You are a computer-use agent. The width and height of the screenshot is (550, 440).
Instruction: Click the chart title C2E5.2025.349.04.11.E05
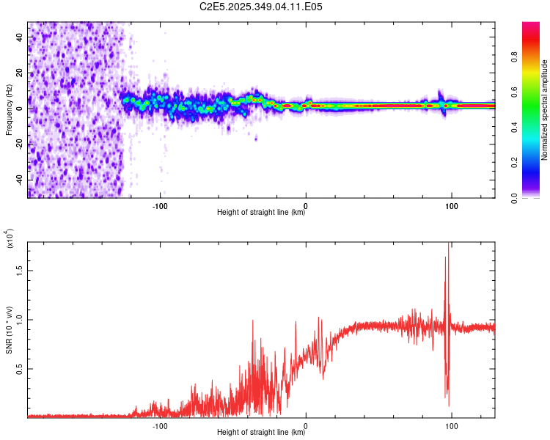pyautogui.click(x=261, y=7)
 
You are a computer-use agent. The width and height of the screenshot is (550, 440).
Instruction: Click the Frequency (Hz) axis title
pyautogui.click(x=9, y=109)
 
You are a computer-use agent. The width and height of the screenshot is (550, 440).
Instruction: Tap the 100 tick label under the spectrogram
pyautogui.click(x=452, y=205)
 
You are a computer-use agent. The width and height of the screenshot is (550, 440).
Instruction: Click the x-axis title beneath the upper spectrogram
pyautogui.click(x=261, y=213)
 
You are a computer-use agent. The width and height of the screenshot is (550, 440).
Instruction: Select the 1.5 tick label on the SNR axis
pyautogui.click(x=19, y=270)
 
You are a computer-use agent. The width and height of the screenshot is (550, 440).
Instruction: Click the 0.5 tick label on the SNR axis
pyautogui.click(x=19, y=368)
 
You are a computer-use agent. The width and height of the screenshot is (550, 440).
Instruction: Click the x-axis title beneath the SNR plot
pyautogui.click(x=261, y=433)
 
